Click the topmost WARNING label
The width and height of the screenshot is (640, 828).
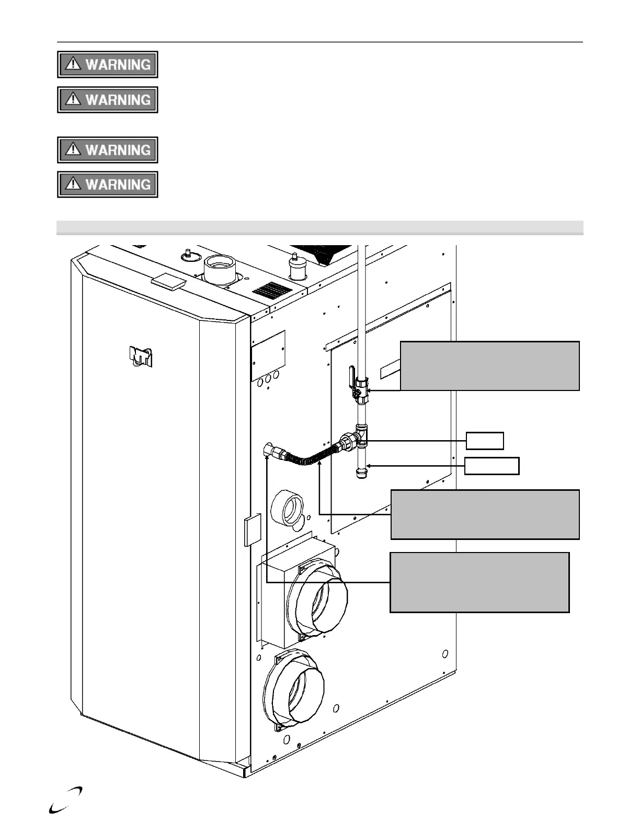pyautogui.click(x=107, y=64)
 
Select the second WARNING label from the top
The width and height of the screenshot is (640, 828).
pyautogui.click(x=107, y=100)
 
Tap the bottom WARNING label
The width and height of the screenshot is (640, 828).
pyautogui.click(x=107, y=185)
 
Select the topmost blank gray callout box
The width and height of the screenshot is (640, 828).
pyautogui.click(x=489, y=366)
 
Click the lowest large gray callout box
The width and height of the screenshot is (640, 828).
pyautogui.click(x=479, y=582)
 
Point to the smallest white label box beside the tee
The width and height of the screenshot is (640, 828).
pyautogui.click(x=485, y=441)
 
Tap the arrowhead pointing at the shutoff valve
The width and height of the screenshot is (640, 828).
pyautogui.click(x=371, y=390)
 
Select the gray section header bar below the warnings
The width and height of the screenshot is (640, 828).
pyautogui.click(x=319, y=227)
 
